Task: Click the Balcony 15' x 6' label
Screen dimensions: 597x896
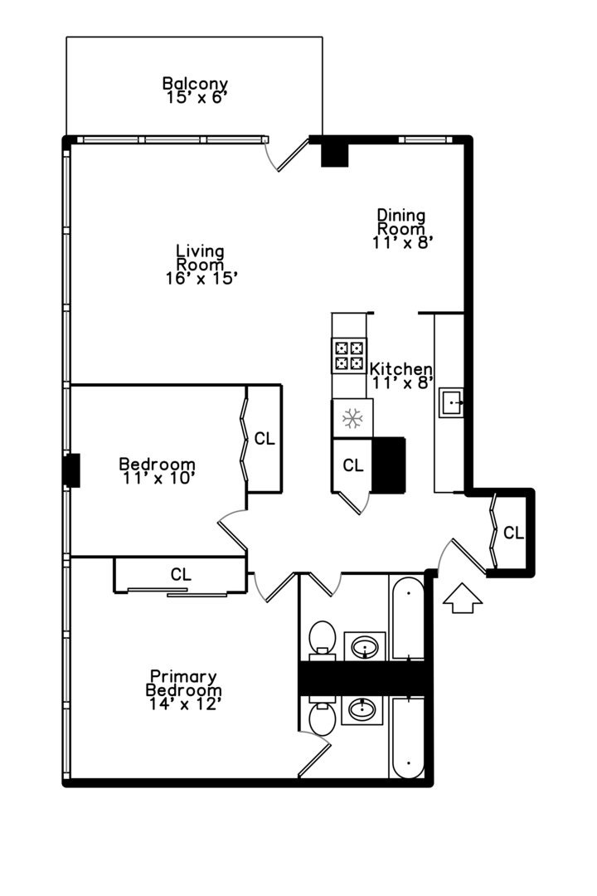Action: point(196,90)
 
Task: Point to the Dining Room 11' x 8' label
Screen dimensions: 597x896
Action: point(401,229)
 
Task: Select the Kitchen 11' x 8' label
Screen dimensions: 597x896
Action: point(401,376)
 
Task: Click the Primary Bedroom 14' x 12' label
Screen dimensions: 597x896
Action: point(184,690)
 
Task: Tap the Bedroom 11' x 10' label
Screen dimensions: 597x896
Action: point(157,471)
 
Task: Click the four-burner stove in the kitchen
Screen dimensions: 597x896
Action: point(349,355)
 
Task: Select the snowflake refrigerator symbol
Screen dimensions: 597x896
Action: point(352,418)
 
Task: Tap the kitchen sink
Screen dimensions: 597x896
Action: point(451,402)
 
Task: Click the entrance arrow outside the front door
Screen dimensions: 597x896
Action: point(463,598)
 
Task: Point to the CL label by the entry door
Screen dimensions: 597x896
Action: point(513,533)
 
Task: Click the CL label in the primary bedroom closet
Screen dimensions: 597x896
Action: point(181,574)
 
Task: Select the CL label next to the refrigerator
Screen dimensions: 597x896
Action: point(353,465)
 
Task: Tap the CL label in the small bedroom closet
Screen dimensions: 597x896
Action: point(265,439)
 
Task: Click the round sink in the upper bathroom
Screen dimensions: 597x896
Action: point(365,647)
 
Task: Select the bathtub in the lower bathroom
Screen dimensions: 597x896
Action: point(408,738)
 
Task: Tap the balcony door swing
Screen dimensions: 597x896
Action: point(288,155)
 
